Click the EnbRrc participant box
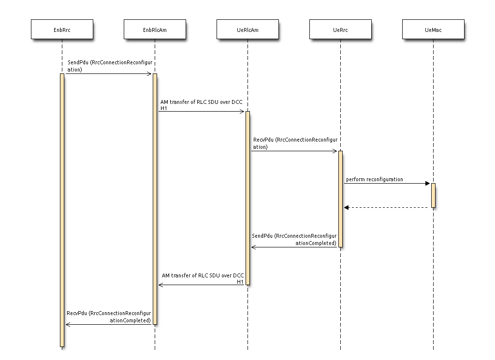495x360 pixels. pyautogui.click(x=62, y=29)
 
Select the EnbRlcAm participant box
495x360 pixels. pyautogui.click(x=155, y=29)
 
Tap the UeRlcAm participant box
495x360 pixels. pyautogui.click(x=247, y=29)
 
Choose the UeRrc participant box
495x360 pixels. pyautogui.click(x=340, y=29)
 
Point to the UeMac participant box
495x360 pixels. pyautogui.click(x=433, y=29)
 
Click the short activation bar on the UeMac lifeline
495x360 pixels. pyautogui.click(x=433, y=195)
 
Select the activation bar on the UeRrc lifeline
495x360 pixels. pyautogui.click(x=340, y=199)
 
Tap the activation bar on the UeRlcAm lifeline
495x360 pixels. pyautogui.click(x=247, y=198)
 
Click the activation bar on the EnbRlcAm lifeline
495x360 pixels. pyautogui.click(x=155, y=199)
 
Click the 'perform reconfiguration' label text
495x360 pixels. pyautogui.click(x=374, y=179)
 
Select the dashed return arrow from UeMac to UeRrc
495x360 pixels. pyautogui.click(x=387, y=207)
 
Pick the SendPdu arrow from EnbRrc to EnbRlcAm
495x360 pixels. pyautogui.click(x=108, y=74)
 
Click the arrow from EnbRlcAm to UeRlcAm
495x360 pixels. pyautogui.click(x=202, y=112)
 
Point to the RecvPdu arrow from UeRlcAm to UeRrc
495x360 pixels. pyautogui.click(x=294, y=151)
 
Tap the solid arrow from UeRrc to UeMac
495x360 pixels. pyautogui.click(x=387, y=184)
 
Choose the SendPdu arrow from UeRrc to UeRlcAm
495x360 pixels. pyautogui.click(x=294, y=247)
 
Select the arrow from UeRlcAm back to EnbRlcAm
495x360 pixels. pyautogui.click(x=202, y=285)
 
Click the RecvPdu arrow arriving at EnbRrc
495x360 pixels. pyautogui.click(x=108, y=324)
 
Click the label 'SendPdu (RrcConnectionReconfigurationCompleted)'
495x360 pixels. pyautogui.click(x=294, y=240)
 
